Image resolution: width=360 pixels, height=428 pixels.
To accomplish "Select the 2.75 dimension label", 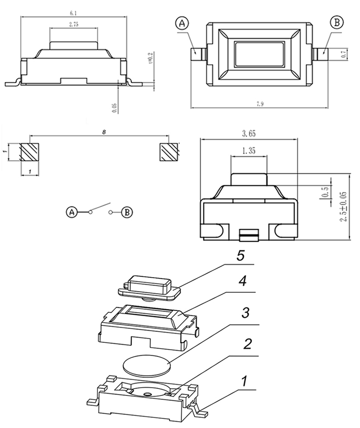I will pos(74,24).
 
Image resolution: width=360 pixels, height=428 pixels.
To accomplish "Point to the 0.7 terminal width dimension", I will pos(344,54).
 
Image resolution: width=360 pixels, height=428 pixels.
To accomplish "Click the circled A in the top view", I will pos(182,23).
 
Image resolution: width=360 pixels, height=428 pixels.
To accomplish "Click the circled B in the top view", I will pos(337,22).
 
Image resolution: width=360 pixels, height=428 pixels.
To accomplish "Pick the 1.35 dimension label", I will pos(249,151).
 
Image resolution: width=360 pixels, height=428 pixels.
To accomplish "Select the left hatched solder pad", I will pos(30,153).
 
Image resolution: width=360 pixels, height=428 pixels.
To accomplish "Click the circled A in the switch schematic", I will pos(72,212).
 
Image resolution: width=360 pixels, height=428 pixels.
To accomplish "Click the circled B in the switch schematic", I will pos(126,213).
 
